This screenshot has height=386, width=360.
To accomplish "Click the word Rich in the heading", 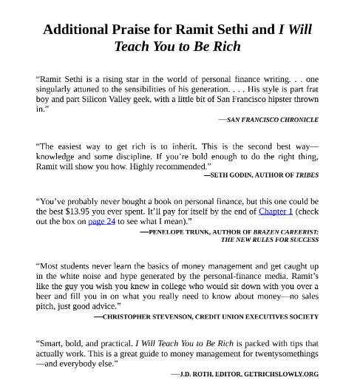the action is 225,46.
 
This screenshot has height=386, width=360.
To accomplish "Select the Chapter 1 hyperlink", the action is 276,211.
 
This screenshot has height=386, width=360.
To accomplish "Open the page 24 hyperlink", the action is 101,220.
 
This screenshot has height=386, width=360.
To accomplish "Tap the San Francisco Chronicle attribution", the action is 272,119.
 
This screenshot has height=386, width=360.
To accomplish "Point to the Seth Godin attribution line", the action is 261,175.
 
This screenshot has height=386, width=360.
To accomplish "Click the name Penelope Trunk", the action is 178,231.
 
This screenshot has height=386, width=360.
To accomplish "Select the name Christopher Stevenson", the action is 147,316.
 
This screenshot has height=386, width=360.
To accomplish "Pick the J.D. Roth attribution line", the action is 245,373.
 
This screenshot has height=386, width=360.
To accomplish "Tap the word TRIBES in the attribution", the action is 307,175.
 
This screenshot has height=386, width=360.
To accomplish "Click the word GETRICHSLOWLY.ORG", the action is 282,373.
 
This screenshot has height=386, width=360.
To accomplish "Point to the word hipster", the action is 281,98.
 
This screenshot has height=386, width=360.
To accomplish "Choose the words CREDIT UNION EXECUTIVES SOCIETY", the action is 257,316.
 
